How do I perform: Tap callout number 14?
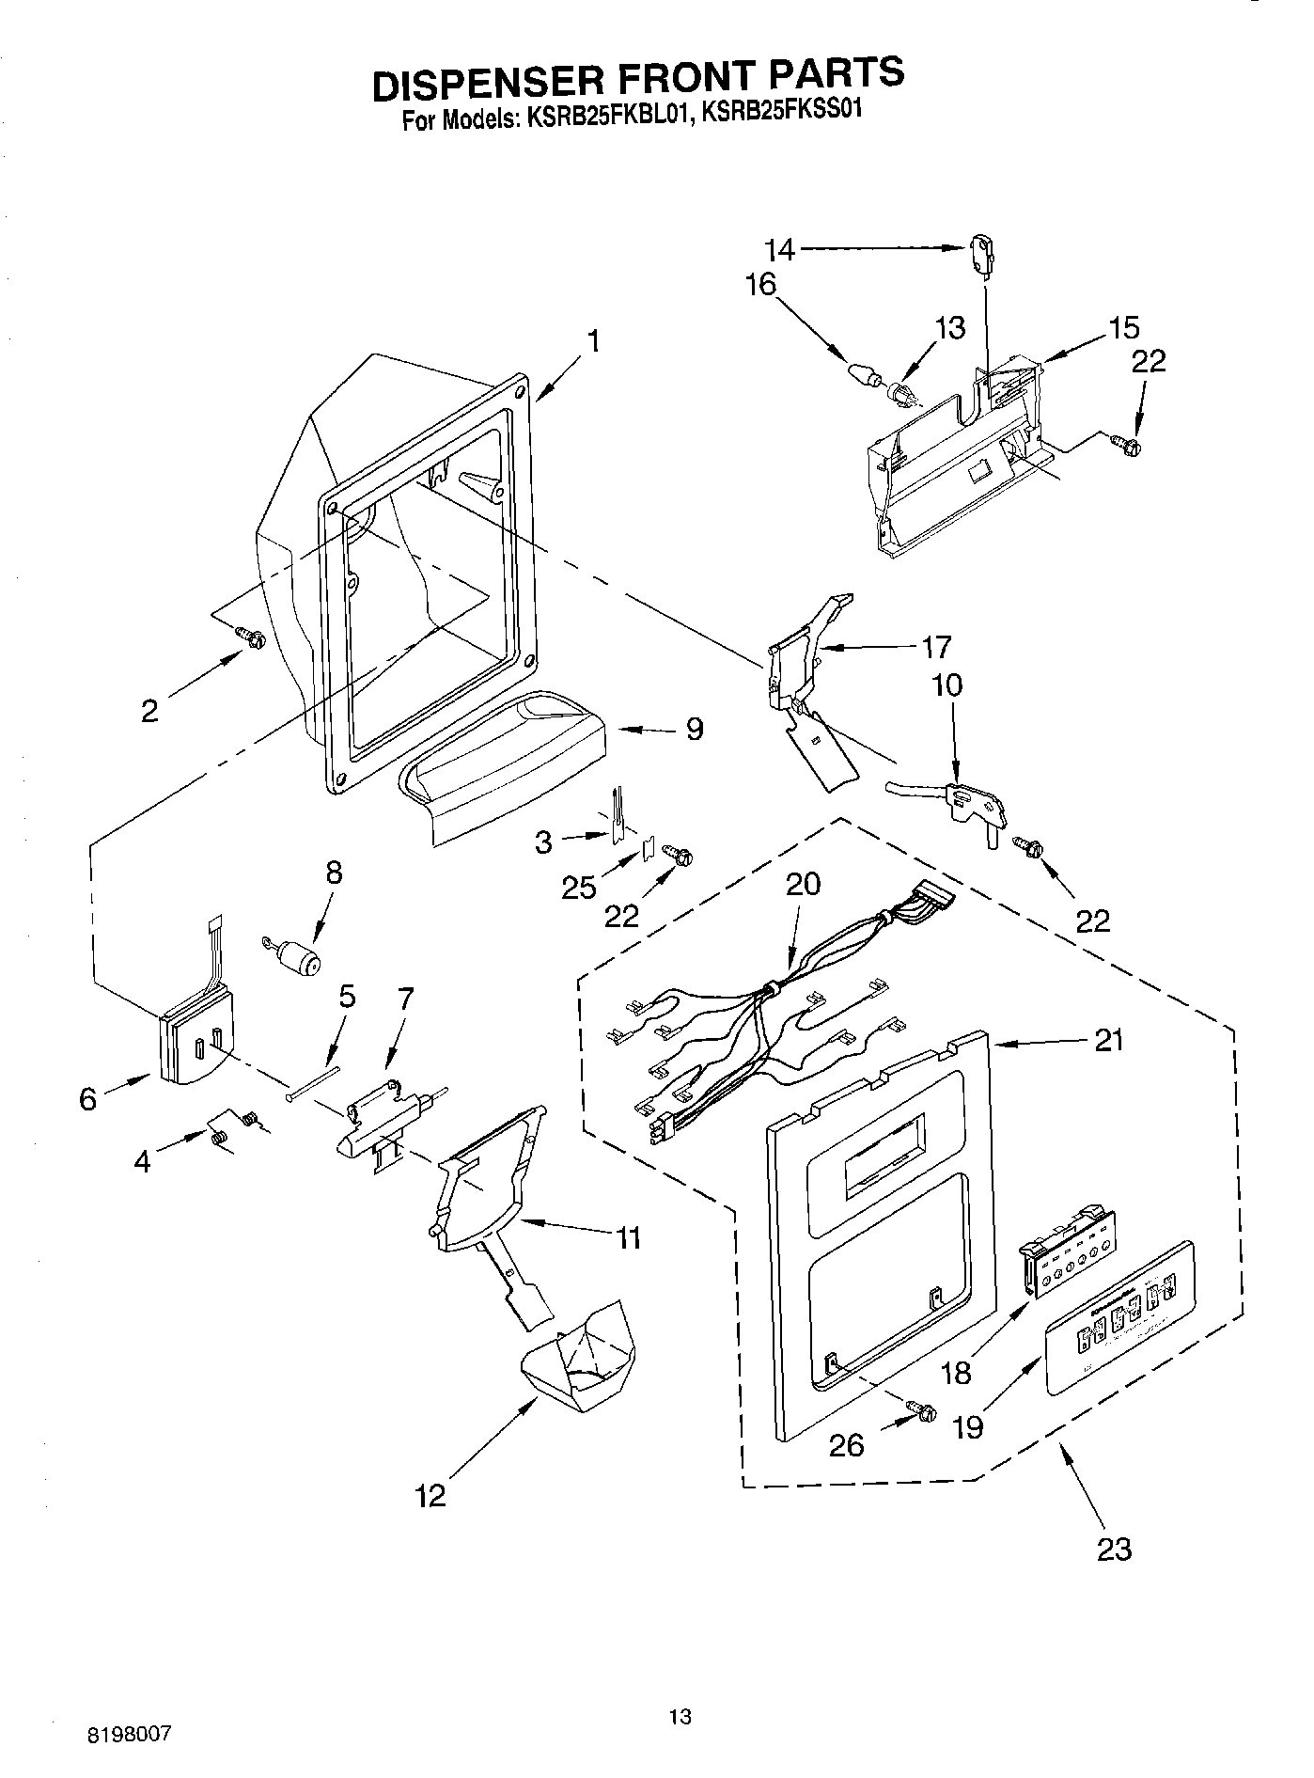click(x=779, y=249)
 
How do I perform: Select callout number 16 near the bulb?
click(x=761, y=284)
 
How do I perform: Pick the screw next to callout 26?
click(x=921, y=1409)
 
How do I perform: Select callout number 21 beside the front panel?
click(x=1109, y=1041)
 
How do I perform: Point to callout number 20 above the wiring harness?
click(x=804, y=884)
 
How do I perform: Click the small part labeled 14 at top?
click(x=980, y=252)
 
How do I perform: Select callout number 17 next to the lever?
click(x=937, y=647)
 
